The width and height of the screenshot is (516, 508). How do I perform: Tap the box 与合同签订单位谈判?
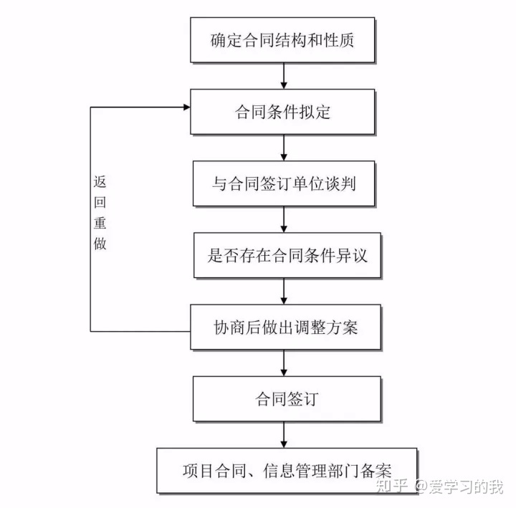pyautogui.click(x=284, y=183)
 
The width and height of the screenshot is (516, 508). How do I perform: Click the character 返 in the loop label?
pyautogui.click(x=100, y=181)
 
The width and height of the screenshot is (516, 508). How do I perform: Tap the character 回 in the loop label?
pyautogui.click(x=100, y=202)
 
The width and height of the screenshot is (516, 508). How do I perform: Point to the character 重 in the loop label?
pyautogui.click(x=100, y=223)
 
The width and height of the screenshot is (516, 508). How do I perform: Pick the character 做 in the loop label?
pyautogui.click(x=100, y=244)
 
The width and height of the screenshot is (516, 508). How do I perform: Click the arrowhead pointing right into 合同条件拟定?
pyautogui.click(x=186, y=107)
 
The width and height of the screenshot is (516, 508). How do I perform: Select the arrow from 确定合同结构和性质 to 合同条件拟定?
pyautogui.click(x=285, y=75)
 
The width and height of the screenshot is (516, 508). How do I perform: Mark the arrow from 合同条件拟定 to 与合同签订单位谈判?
pyautogui.click(x=285, y=148)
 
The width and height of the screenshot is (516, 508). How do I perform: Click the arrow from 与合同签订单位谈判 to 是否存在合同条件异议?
pyautogui.click(x=285, y=219)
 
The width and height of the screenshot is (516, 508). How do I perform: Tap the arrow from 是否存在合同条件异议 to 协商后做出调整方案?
pyautogui.click(x=285, y=291)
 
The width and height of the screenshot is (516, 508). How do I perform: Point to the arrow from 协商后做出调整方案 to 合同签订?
pyautogui.click(x=285, y=363)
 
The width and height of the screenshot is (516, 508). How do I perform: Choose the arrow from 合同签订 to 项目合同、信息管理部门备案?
pyautogui.click(x=285, y=435)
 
